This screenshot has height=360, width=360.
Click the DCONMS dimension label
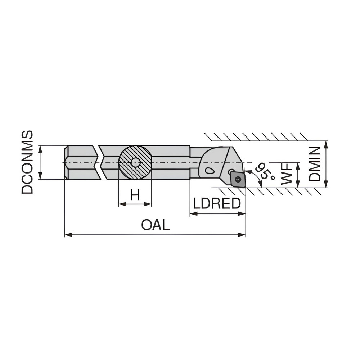click(x=27, y=162)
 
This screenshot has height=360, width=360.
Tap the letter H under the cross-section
click(x=135, y=195)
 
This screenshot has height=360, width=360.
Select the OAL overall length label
click(x=155, y=225)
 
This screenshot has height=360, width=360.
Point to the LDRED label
click(x=217, y=204)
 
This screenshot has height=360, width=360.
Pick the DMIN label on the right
click(x=315, y=164)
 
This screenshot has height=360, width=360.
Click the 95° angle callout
click(x=264, y=172)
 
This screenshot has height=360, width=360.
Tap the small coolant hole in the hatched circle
click(x=135, y=162)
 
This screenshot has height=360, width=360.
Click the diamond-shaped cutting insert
click(x=238, y=179)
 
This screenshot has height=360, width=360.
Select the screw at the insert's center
click(x=238, y=179)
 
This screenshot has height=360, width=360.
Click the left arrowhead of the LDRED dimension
click(x=192, y=214)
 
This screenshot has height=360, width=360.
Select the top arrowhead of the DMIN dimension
click(x=326, y=143)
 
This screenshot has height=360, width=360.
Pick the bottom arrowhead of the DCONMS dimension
click(x=41, y=177)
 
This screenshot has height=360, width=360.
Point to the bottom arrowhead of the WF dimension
click(x=298, y=185)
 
